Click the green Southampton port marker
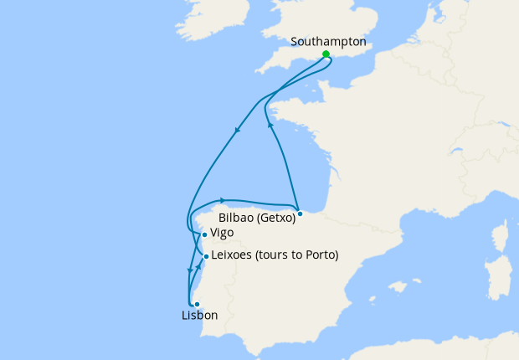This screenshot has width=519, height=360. click(x=326, y=54)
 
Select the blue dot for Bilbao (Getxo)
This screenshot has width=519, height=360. click(x=300, y=213)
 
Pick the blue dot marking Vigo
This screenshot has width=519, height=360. click(x=204, y=235)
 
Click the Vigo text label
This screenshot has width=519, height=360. click(x=222, y=233)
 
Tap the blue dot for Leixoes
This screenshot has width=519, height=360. click(x=206, y=256)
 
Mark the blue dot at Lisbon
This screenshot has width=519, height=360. click(x=197, y=304)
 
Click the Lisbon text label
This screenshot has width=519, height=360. click(x=199, y=316)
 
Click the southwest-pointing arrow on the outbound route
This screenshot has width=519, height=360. click(x=238, y=130)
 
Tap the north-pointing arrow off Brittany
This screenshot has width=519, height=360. click(x=270, y=124)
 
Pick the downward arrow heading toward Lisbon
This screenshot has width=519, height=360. click(x=188, y=270)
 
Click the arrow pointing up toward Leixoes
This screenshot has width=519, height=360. click(x=199, y=267)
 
